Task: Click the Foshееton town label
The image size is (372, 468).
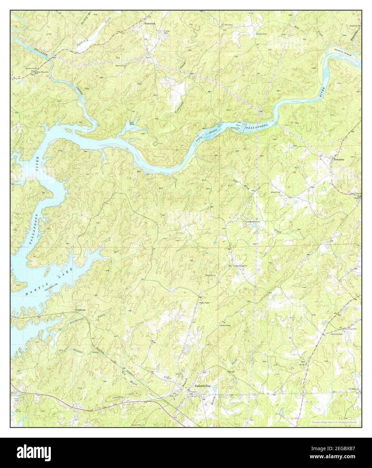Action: (x=149, y=24)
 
